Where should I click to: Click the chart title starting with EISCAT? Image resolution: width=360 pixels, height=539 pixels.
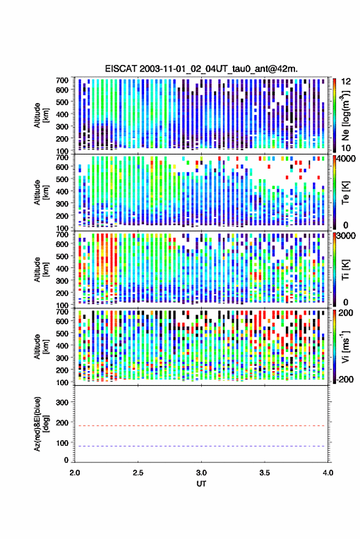click(201, 69)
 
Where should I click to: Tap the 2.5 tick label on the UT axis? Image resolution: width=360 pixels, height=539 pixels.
click(138, 473)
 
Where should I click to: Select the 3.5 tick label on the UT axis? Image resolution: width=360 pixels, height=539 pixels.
click(264, 473)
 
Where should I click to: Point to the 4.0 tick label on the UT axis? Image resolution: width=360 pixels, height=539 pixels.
click(327, 473)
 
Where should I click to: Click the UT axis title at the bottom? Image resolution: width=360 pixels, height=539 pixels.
click(201, 484)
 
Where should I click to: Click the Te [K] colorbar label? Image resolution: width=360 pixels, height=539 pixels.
click(345, 193)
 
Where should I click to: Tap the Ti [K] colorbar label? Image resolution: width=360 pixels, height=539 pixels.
click(345, 270)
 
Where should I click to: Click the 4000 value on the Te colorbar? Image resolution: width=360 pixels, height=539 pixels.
click(345, 159)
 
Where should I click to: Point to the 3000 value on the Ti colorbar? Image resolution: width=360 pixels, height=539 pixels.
click(345, 236)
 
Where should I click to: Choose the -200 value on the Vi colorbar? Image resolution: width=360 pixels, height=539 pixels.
click(344, 379)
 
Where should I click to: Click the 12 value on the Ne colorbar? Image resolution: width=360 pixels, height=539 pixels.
click(346, 82)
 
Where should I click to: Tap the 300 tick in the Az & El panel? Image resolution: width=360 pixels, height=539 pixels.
click(62, 402)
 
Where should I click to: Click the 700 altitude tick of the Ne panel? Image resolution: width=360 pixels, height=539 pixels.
click(62, 80)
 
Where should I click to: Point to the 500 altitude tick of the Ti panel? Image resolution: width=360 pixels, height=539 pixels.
click(62, 256)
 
